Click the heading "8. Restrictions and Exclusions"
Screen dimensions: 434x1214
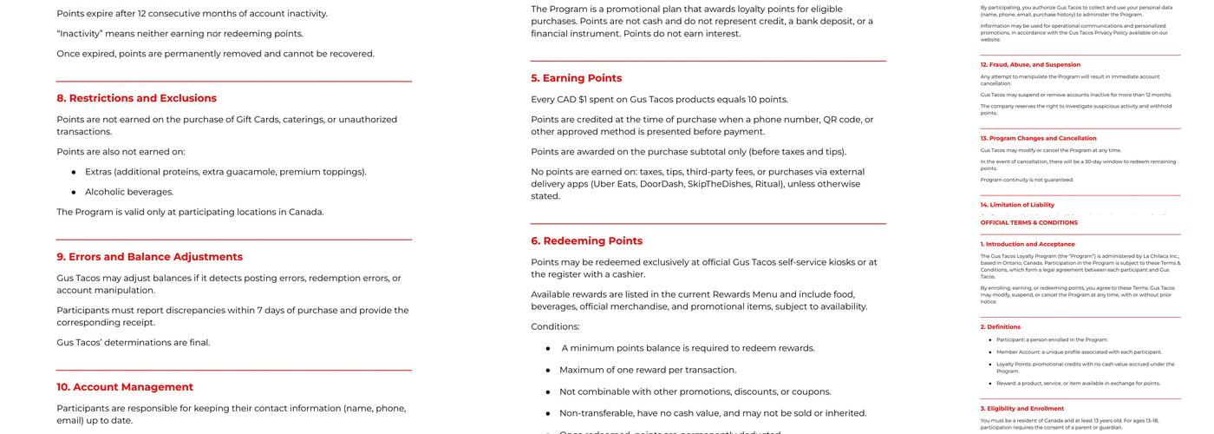tap(136, 98)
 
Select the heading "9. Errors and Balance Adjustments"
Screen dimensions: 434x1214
tap(149, 257)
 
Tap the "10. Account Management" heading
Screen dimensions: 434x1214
tap(125, 387)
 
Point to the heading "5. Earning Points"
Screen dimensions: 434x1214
tap(576, 78)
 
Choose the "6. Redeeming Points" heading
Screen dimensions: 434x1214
tap(586, 240)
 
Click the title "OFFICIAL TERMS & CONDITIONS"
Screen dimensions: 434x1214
tap(1028, 223)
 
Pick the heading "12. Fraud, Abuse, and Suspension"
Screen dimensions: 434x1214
tap(1030, 64)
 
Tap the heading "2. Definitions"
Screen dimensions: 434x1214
tap(1000, 327)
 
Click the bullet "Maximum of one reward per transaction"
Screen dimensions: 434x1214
tap(647, 370)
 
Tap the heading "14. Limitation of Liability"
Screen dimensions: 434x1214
tap(1017, 205)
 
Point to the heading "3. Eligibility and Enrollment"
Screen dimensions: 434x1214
tap(1021, 408)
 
